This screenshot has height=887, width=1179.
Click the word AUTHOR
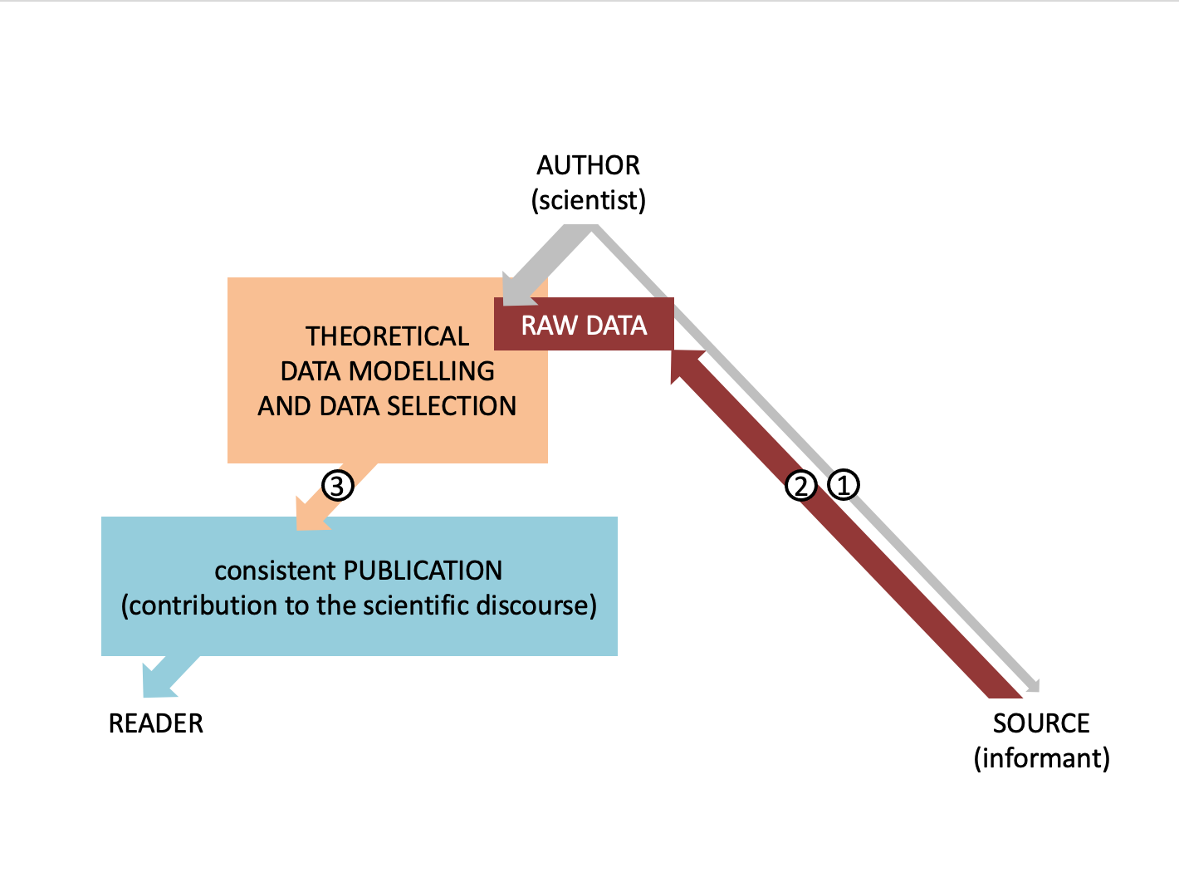[x=588, y=165]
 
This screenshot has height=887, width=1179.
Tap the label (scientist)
[x=588, y=200]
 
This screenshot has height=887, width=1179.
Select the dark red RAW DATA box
[x=584, y=325]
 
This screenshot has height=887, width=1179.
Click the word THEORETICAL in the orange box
[x=387, y=336]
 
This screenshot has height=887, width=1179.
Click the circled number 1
[x=844, y=484]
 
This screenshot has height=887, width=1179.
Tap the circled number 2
[x=801, y=486]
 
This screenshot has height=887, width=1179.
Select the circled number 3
[x=337, y=485]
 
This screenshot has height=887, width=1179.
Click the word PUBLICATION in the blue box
[x=423, y=571]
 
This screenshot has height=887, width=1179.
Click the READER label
[x=156, y=723]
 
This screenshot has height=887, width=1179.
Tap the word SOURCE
[x=1041, y=723]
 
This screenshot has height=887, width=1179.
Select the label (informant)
[x=1041, y=758]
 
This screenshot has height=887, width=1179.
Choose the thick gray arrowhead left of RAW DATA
[x=516, y=290]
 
